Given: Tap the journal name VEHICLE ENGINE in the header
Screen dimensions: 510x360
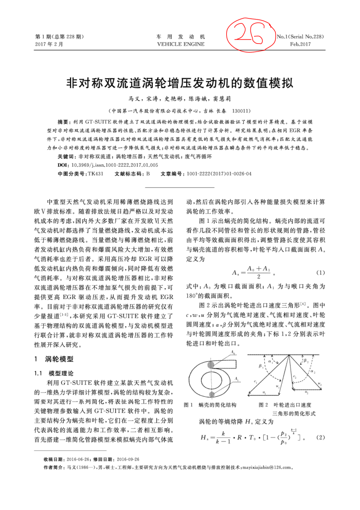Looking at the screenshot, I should pos(181,45).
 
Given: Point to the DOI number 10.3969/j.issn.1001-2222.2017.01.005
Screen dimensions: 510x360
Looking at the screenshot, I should pos(115,165).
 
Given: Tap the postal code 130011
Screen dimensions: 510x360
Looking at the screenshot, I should pos(242,111).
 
